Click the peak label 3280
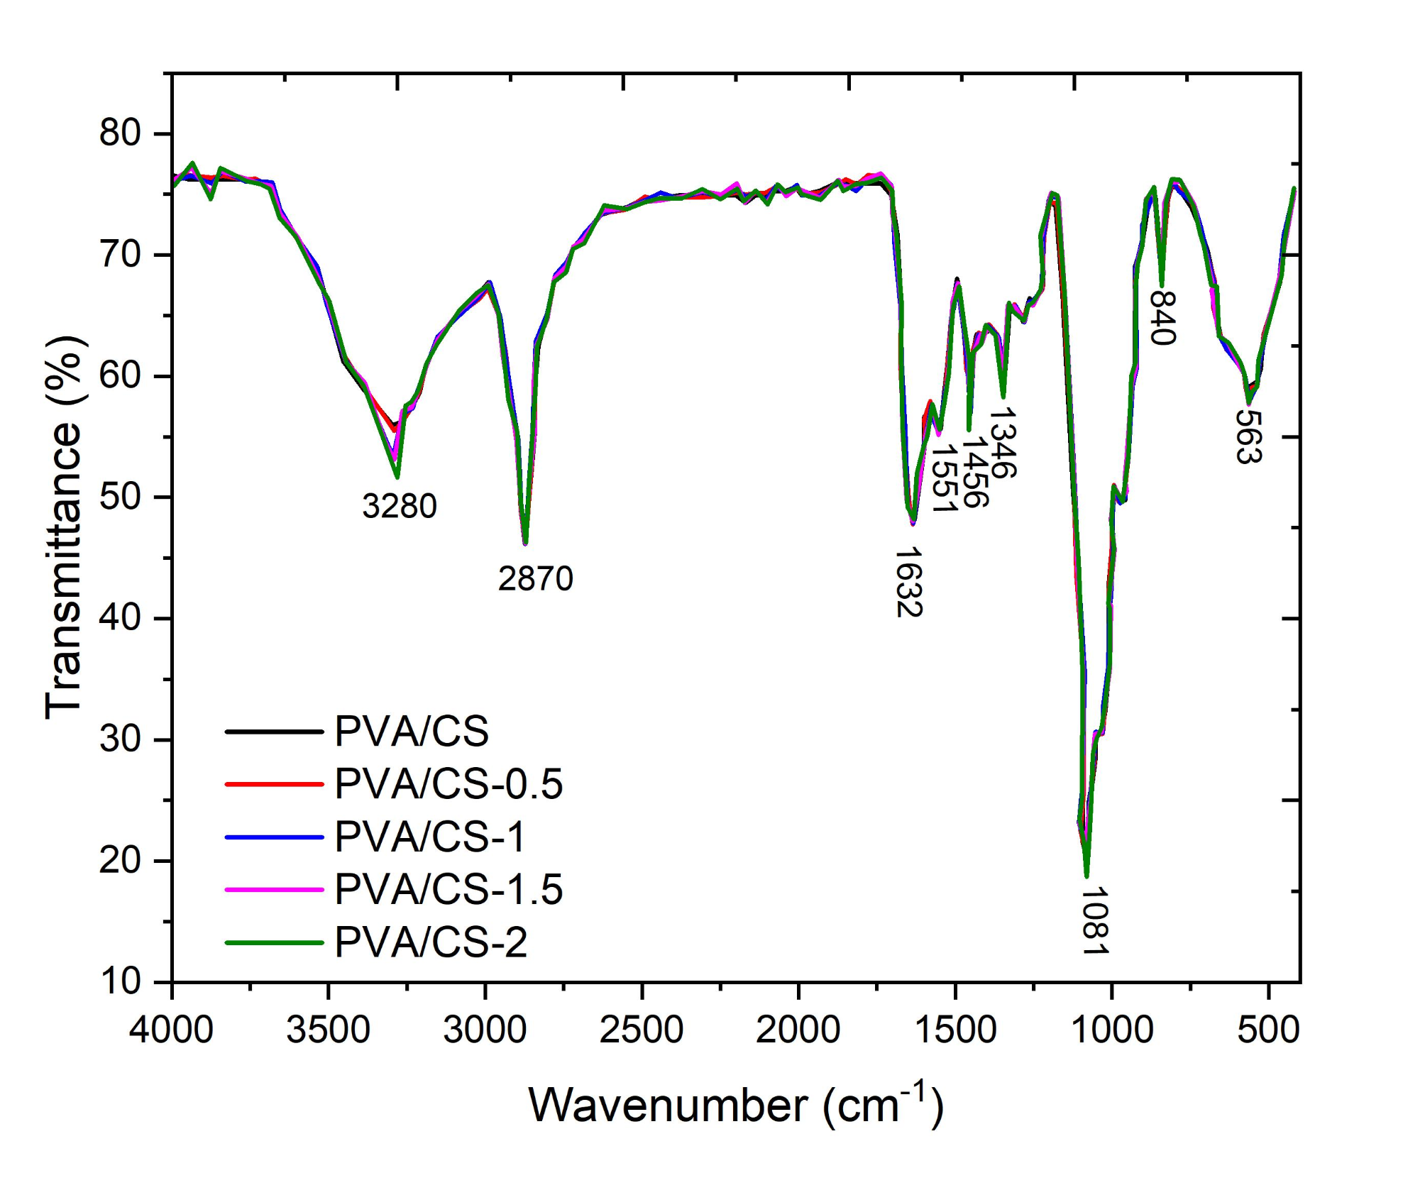(400, 507)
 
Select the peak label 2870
(535, 579)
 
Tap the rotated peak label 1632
(909, 582)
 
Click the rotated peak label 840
(1164, 318)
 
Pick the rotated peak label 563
(1249, 437)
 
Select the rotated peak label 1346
(1003, 443)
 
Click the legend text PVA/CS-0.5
(449, 784)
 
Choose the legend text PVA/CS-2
(431, 942)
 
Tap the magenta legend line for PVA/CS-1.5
(275, 889)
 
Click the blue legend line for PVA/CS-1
(275, 837)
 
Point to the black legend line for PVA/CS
(275, 731)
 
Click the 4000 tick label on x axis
(171, 1030)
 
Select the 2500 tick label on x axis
(642, 1030)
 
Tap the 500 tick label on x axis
(1268, 1030)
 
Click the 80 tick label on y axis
(120, 133)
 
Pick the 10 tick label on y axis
(120, 981)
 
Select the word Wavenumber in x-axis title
(668, 1106)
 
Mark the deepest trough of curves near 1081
(1086, 876)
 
